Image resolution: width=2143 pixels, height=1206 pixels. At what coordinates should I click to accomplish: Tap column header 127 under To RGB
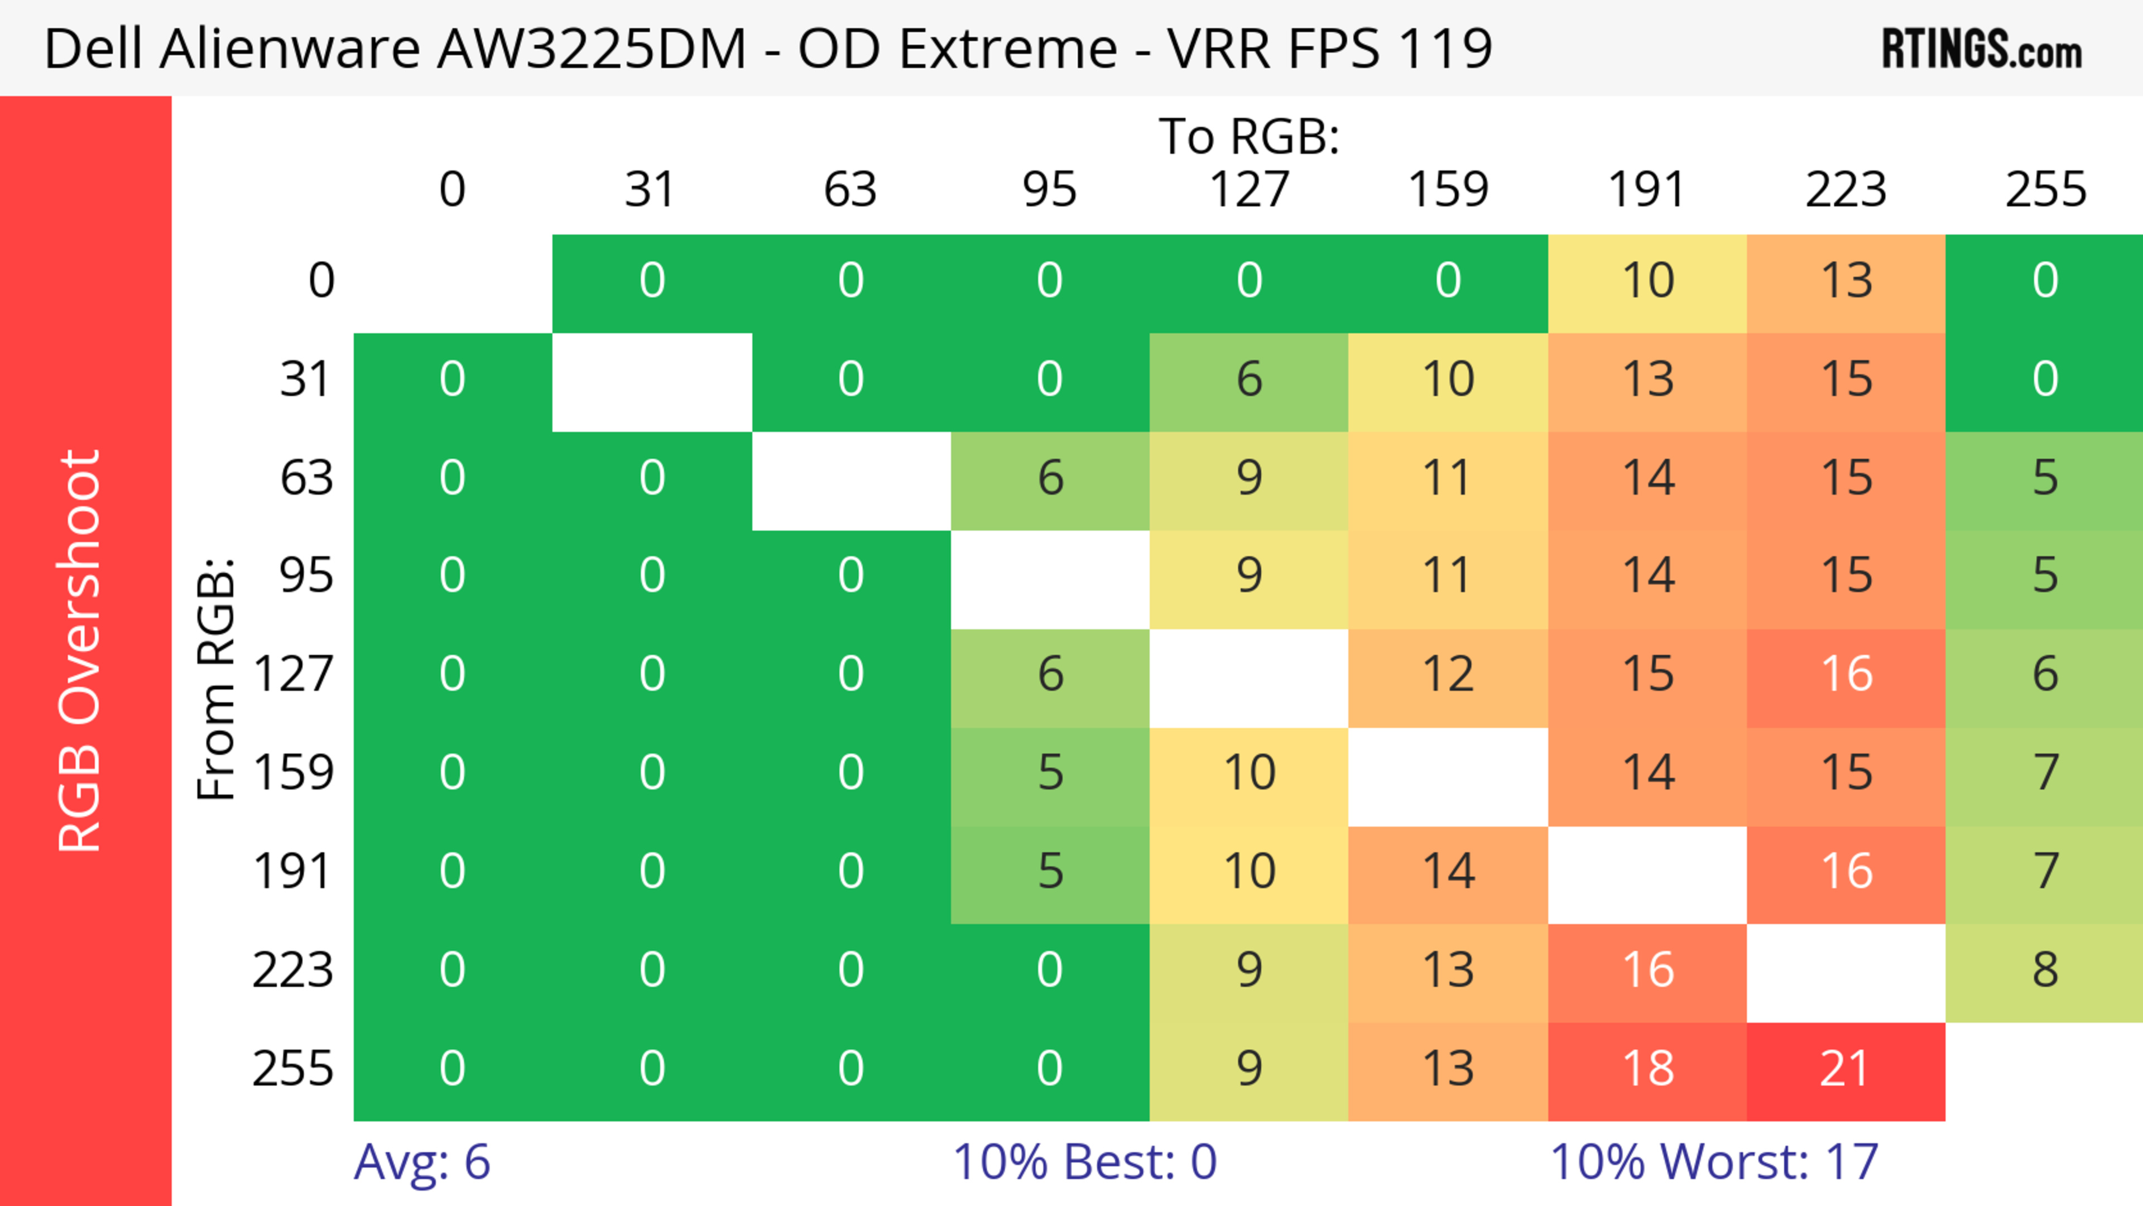tap(1249, 190)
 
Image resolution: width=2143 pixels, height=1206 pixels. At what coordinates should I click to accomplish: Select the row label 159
tap(294, 773)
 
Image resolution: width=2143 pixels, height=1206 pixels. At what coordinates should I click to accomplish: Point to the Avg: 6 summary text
tap(422, 1162)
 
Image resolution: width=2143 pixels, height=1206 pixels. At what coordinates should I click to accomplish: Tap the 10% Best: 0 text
tap(1084, 1162)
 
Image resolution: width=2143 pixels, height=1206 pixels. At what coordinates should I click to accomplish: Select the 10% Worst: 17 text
tap(1714, 1162)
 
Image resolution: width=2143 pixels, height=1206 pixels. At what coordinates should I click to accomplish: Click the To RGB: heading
tap(1249, 136)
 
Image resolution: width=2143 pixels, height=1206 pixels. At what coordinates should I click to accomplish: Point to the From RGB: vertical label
tap(215, 679)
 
